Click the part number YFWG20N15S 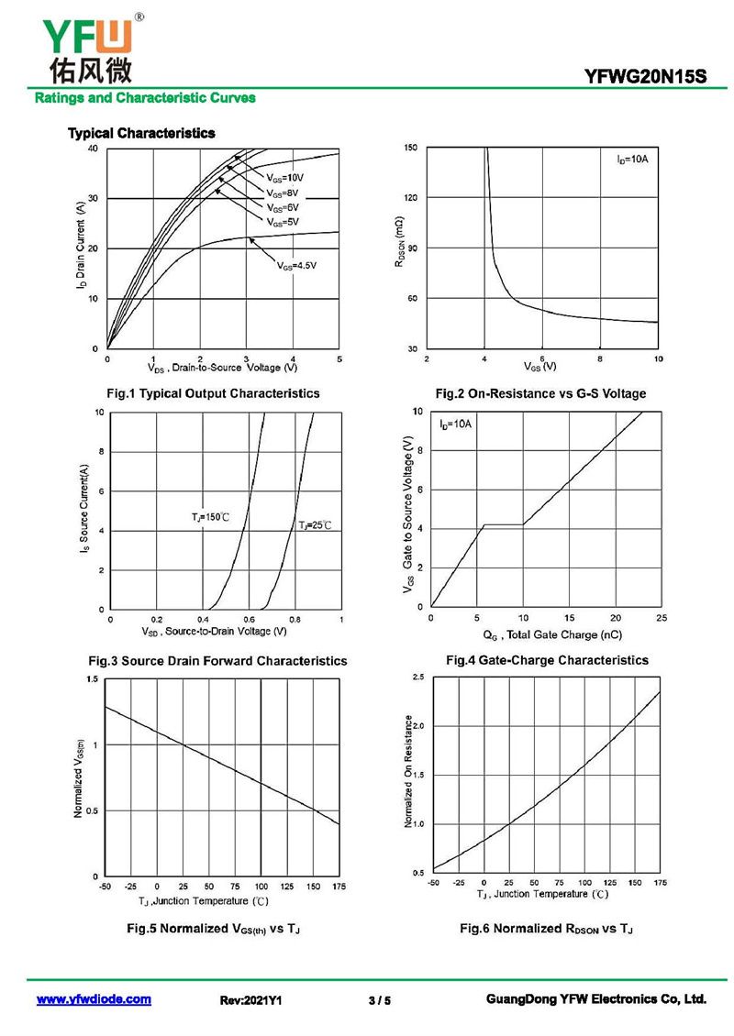coord(646,78)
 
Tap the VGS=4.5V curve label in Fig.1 coord(296,265)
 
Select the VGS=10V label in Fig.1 coord(284,177)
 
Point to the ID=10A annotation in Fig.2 coord(632,160)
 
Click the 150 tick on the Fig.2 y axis coord(410,148)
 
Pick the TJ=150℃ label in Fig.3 coord(210,518)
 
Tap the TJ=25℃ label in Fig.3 coord(314,524)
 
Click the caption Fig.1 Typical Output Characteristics coord(214,393)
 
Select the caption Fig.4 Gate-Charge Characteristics coord(547,660)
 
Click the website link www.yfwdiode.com coord(94,999)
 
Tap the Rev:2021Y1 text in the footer coord(250,1000)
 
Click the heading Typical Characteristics coord(141,133)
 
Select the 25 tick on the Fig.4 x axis coord(662,618)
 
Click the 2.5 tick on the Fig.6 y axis coord(418,677)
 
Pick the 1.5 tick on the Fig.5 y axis coord(91,678)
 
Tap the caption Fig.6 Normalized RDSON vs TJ coord(546,929)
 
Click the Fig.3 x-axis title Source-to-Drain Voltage coord(214,632)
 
